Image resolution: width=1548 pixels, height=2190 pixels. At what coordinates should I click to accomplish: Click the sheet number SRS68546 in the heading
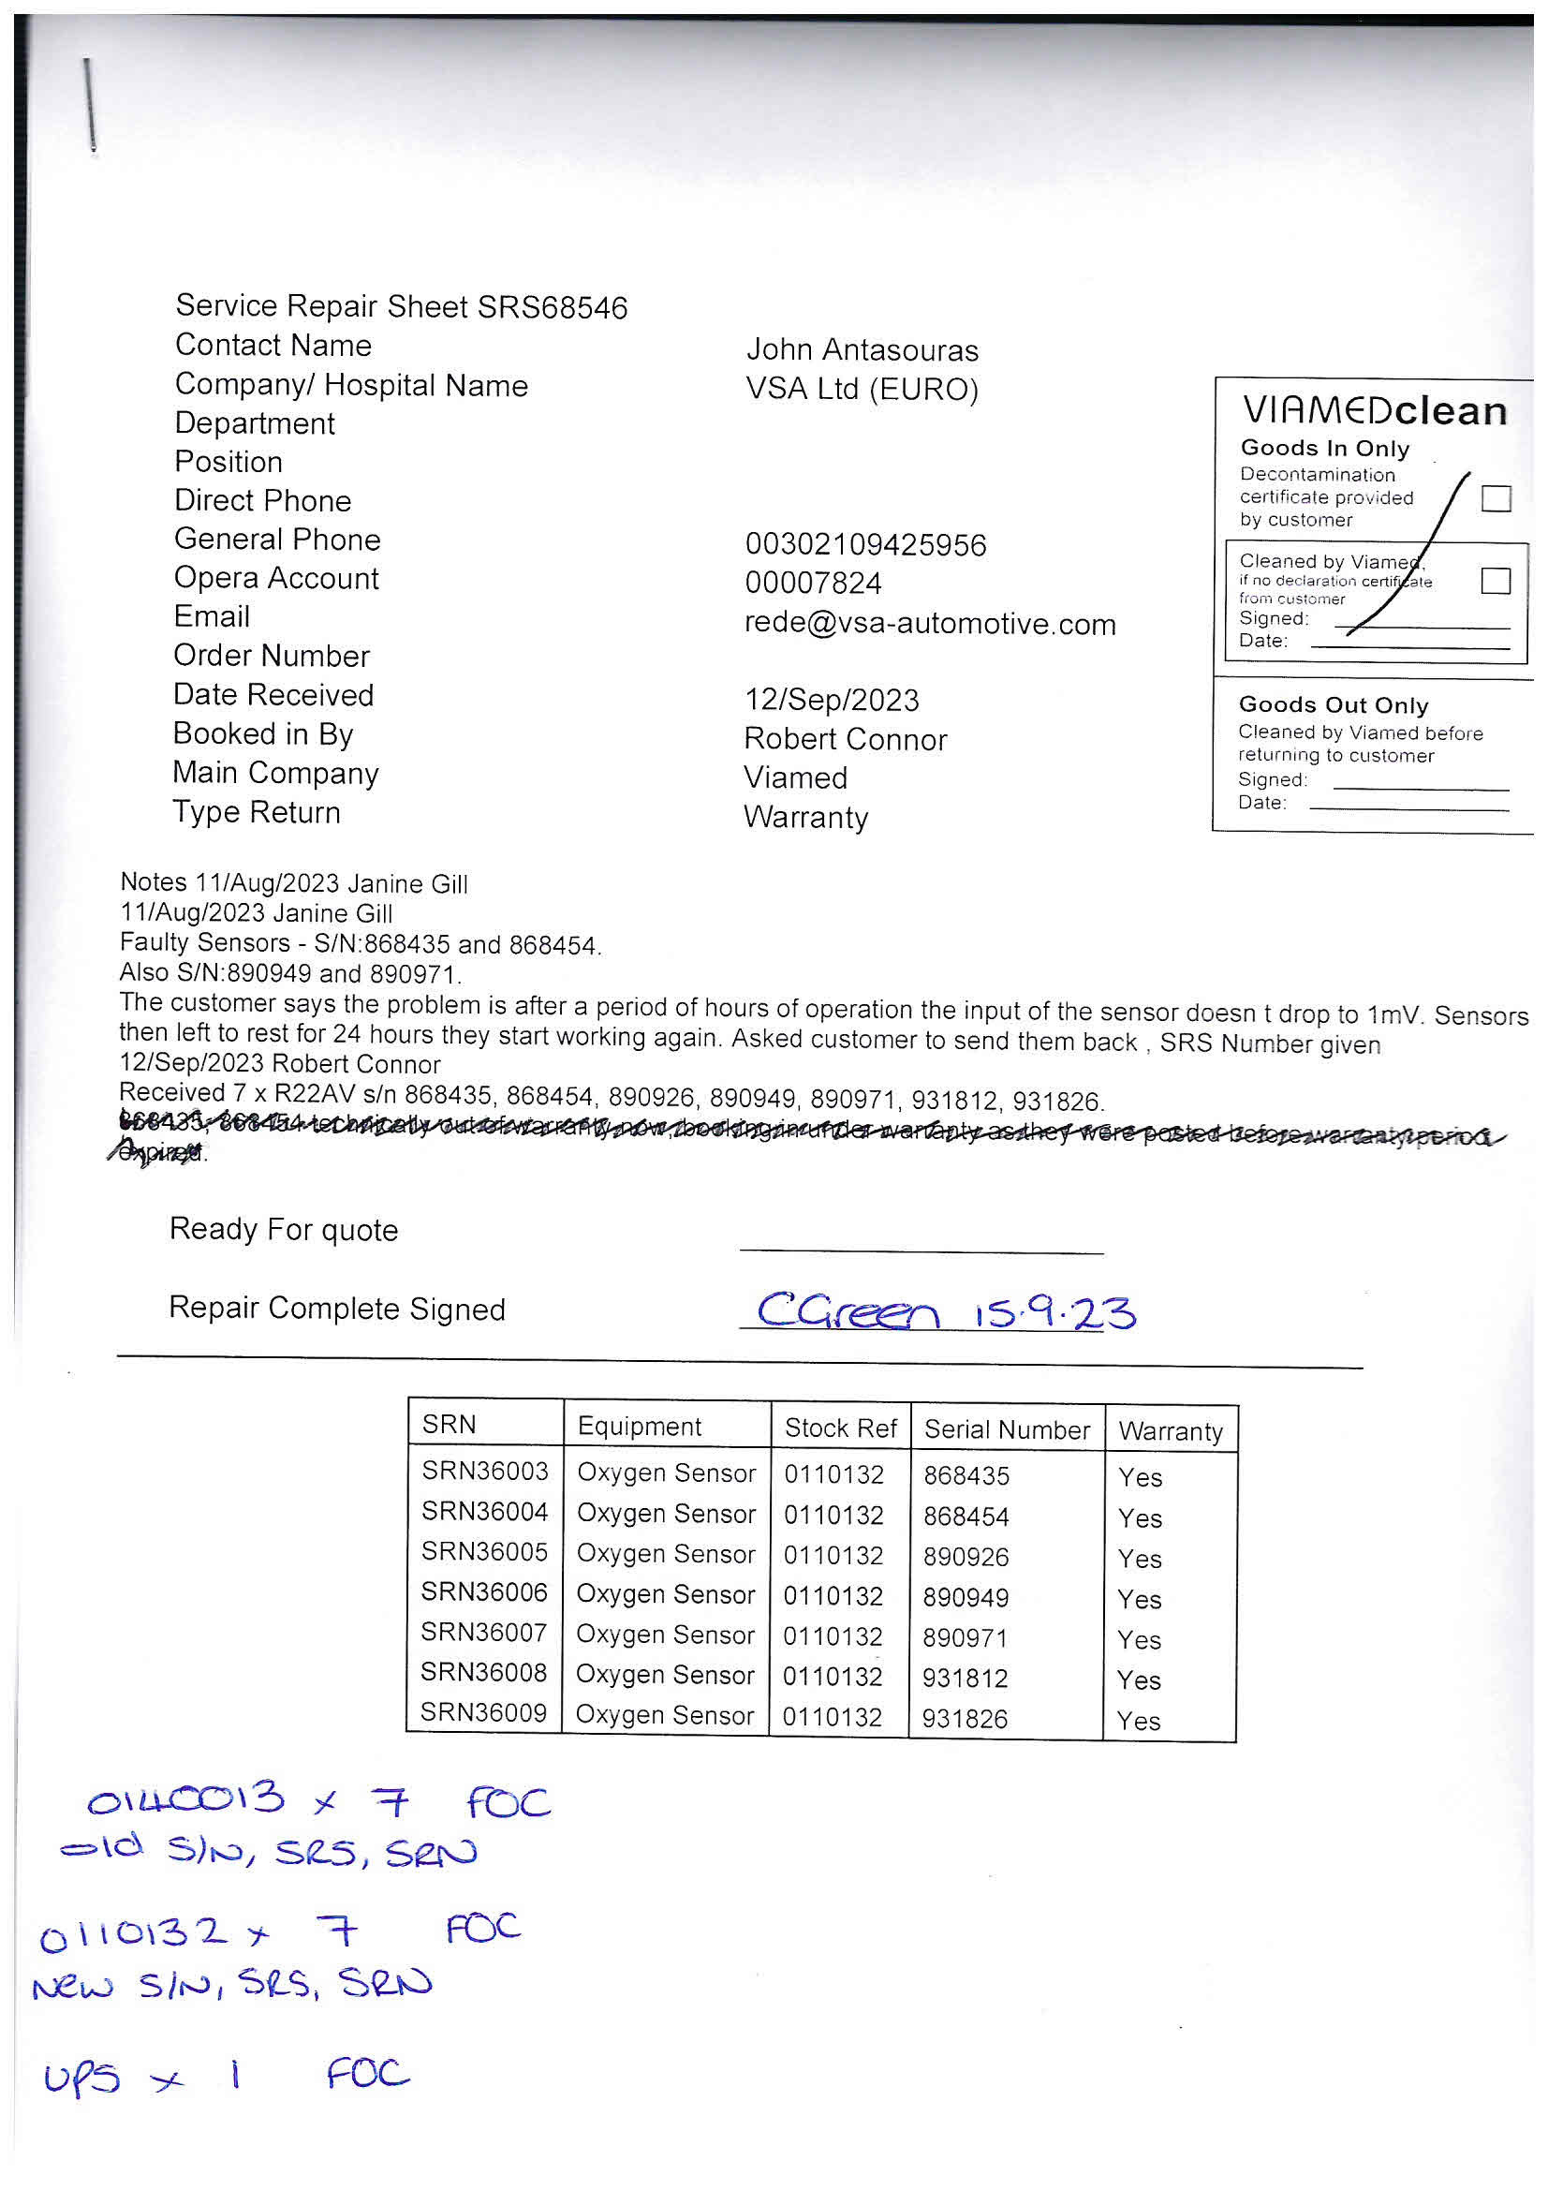pyautogui.click(x=553, y=308)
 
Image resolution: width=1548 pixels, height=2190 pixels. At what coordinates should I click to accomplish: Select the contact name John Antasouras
pyautogui.click(x=862, y=350)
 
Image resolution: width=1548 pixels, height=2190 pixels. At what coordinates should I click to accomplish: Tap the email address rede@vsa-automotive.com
pyautogui.click(x=930, y=624)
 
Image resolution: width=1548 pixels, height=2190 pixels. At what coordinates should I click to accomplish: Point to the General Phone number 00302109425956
pyautogui.click(x=865, y=544)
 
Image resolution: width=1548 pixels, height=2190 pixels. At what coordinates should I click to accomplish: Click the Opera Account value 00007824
pyautogui.click(x=813, y=583)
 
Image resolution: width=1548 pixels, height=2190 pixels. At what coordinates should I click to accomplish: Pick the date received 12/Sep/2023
pyautogui.click(x=832, y=700)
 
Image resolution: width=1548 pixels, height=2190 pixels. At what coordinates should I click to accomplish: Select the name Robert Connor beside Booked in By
pyautogui.click(x=845, y=739)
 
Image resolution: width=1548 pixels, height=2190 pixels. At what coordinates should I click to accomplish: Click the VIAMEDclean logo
pyautogui.click(x=1375, y=411)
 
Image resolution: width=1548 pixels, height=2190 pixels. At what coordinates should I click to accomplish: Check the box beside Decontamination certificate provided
pyautogui.click(x=1496, y=498)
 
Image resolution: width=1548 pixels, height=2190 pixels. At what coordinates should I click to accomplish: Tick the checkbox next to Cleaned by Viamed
pyautogui.click(x=1496, y=580)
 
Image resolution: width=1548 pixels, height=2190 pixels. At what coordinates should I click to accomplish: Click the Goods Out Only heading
pyautogui.click(x=1334, y=705)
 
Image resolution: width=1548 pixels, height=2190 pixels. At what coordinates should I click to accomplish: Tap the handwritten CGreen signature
pyautogui.click(x=847, y=1310)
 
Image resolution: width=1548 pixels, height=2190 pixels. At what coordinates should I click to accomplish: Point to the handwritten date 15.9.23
pyautogui.click(x=1054, y=1312)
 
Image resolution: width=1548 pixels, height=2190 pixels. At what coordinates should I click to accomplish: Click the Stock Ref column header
pyautogui.click(x=840, y=1428)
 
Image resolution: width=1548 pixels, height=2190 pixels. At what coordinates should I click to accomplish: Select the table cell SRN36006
pyautogui.click(x=484, y=1592)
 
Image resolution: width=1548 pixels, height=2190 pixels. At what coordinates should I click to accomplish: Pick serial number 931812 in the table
pyautogui.click(x=966, y=1678)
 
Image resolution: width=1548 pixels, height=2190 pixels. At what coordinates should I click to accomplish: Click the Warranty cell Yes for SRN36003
pyautogui.click(x=1140, y=1477)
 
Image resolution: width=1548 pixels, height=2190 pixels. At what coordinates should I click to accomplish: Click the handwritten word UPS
pyautogui.click(x=82, y=2077)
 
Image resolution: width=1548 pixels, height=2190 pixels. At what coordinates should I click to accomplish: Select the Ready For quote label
pyautogui.click(x=283, y=1230)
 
